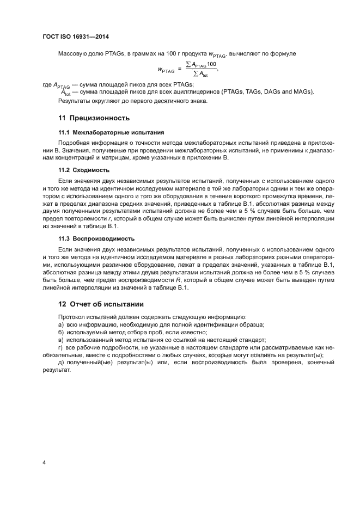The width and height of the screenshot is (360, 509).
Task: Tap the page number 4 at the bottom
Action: pyautogui.click(x=44, y=463)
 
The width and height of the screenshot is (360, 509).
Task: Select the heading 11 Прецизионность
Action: pyautogui.click(x=93, y=118)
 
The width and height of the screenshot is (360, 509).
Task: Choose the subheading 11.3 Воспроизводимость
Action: pyautogui.click(x=96, y=239)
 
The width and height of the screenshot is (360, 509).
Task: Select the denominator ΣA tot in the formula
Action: pyautogui.click(x=198, y=73)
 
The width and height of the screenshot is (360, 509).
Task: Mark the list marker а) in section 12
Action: pyautogui.click(x=61, y=324)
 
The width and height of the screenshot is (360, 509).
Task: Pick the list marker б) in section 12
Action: pyautogui.click(x=61, y=332)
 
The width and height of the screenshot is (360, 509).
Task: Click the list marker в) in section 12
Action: pyautogui.click(x=61, y=340)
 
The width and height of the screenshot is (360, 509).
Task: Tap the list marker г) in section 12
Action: pyautogui.click(x=60, y=347)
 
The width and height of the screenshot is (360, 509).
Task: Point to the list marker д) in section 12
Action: pyautogui.click(x=61, y=363)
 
